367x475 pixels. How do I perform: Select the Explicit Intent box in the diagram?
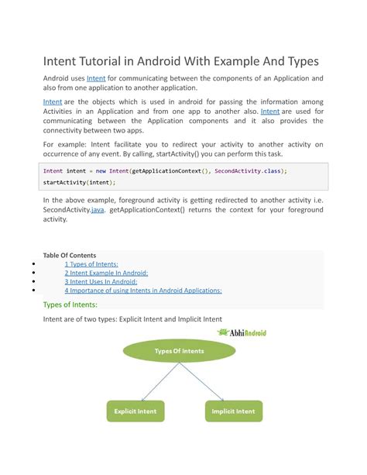(x=136, y=411)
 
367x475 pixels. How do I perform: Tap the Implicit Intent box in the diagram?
(x=233, y=411)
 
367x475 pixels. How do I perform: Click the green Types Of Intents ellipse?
(x=180, y=351)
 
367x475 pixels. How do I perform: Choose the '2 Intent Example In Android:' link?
(x=106, y=273)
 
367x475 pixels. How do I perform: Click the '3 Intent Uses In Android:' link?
(x=101, y=281)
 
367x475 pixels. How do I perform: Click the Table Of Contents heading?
(x=69, y=254)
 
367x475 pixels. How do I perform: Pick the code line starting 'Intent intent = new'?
(x=165, y=170)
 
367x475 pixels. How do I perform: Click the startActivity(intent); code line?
(x=79, y=182)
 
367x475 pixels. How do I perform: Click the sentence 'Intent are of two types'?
(x=132, y=318)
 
